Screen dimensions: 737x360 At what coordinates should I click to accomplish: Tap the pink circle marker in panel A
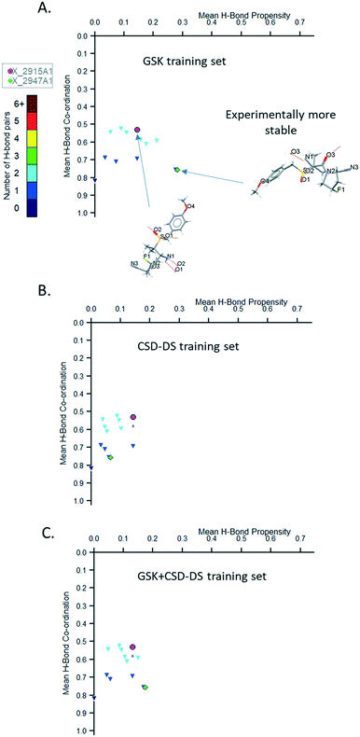click(137, 130)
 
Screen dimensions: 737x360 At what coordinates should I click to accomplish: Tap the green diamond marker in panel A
click(176, 170)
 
